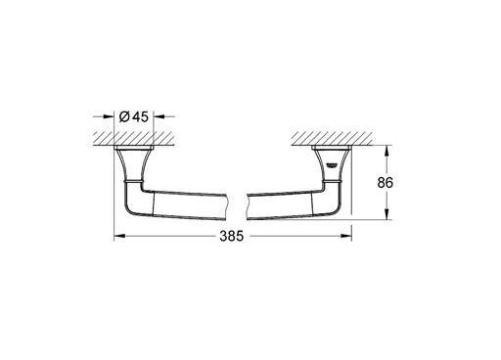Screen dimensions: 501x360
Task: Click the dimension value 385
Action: (232, 236)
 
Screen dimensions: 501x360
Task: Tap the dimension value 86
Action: (386, 183)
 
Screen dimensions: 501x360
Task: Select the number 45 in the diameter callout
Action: (141, 116)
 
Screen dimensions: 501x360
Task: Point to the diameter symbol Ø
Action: (124, 116)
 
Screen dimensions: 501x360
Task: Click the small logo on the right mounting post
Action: (332, 165)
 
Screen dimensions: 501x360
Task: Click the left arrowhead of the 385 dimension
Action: (119, 236)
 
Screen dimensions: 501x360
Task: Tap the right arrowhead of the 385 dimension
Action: (346, 236)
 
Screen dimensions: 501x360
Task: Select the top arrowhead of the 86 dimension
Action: (387, 151)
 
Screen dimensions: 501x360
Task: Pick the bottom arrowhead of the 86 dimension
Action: (387, 214)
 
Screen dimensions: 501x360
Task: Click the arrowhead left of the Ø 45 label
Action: (109, 116)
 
